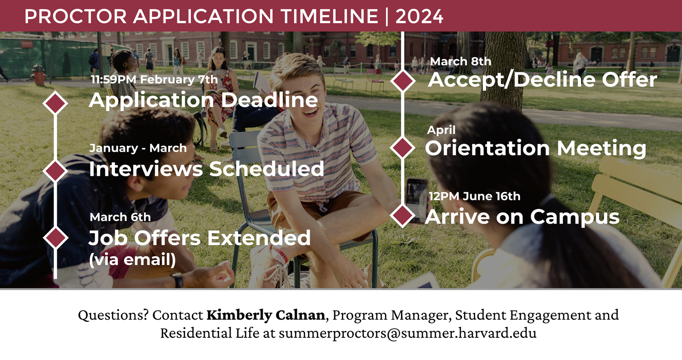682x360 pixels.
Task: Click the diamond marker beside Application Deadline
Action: point(55,103)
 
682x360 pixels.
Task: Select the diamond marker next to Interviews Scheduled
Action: point(55,170)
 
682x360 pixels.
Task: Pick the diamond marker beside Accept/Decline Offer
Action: point(403,80)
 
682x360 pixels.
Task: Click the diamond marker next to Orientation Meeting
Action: point(403,147)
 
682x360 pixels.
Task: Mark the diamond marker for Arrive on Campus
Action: point(403,215)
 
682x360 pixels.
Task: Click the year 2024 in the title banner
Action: point(419,17)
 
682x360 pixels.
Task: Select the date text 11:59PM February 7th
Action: point(154,80)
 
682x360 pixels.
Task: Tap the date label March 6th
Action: point(120,217)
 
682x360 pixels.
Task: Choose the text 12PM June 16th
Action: point(475,196)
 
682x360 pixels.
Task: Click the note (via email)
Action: point(132,260)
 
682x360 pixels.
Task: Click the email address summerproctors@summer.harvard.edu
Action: point(407,333)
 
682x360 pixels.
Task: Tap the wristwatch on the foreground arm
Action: point(178,280)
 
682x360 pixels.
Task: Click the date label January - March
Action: point(138,148)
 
